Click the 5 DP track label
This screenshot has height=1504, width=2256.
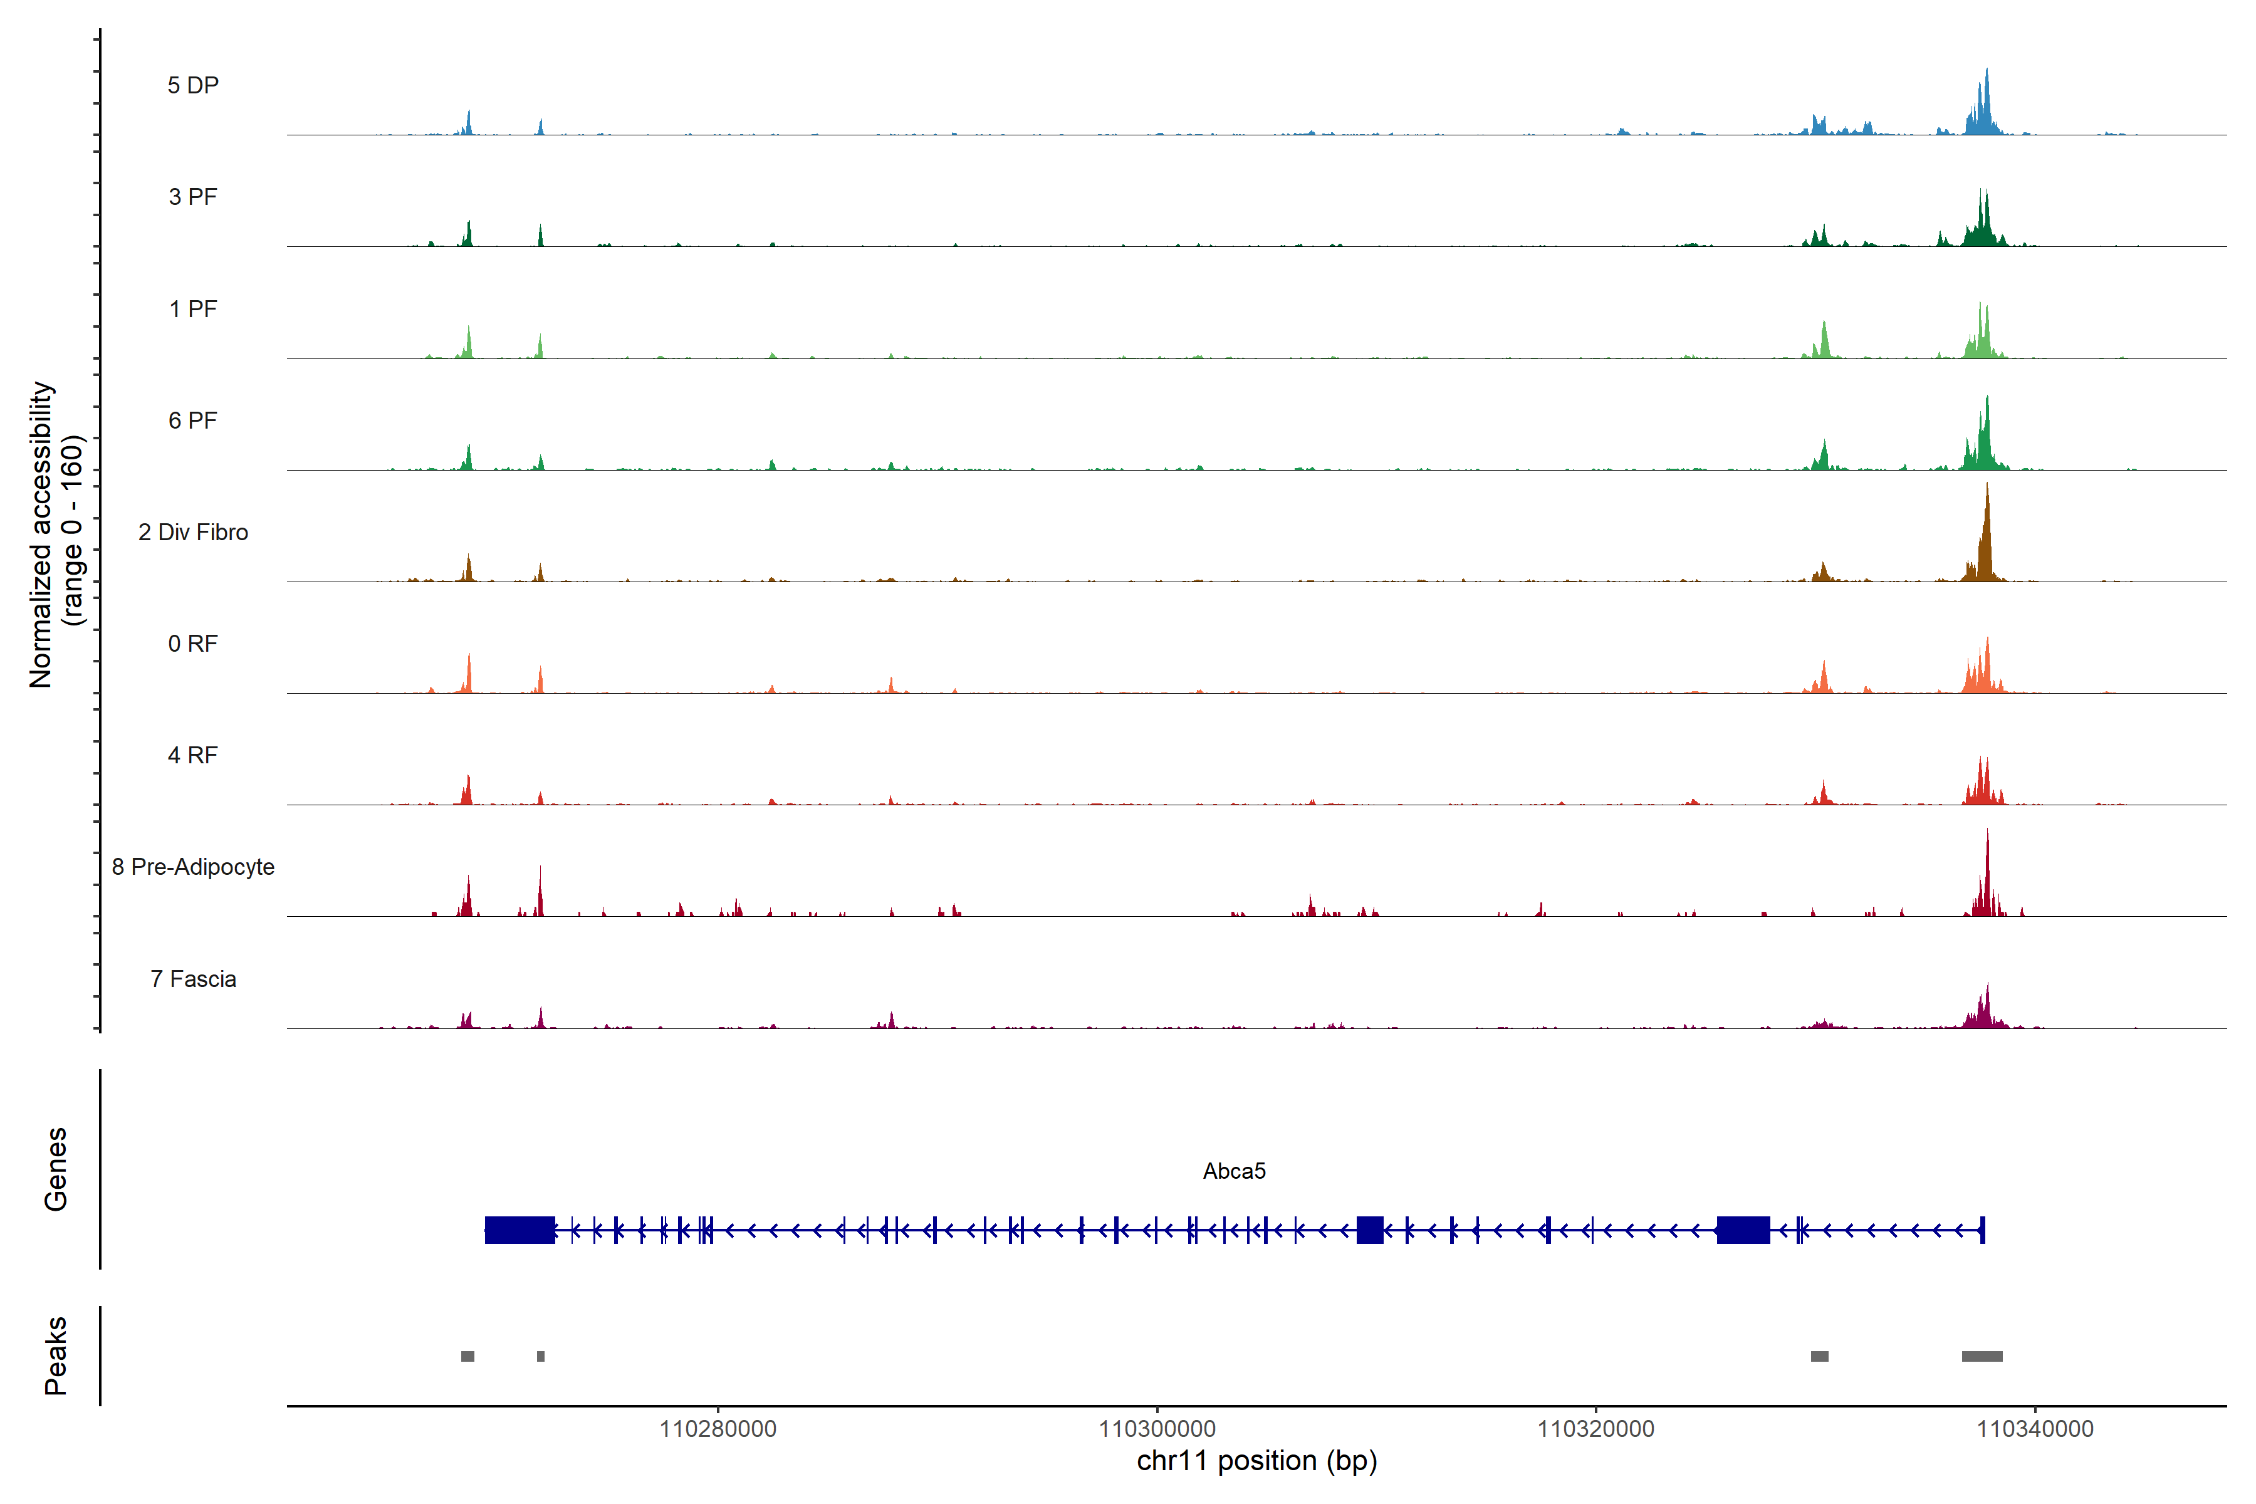click(x=193, y=85)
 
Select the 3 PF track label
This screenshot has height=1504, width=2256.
click(x=193, y=197)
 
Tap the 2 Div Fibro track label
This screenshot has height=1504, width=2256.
click(x=193, y=532)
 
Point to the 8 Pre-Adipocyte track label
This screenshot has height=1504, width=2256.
click(x=193, y=867)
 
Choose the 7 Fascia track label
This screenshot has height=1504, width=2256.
click(x=193, y=979)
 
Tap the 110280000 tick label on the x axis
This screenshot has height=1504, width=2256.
click(x=718, y=1429)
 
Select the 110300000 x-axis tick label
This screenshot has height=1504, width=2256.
click(x=1157, y=1429)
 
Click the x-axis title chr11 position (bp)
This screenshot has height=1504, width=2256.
click(x=1256, y=1461)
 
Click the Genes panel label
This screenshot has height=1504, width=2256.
click(x=56, y=1169)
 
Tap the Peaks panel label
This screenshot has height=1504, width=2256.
click(x=56, y=1355)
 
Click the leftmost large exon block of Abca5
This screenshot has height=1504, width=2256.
click(x=520, y=1230)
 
